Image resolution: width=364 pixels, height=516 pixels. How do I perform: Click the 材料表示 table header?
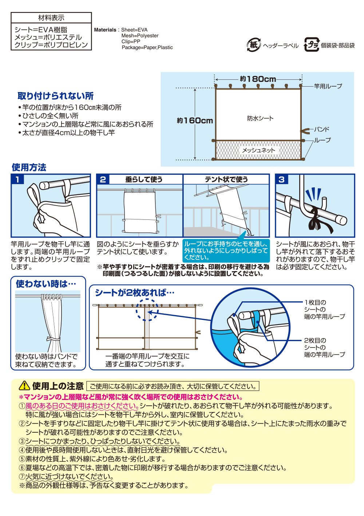click(x=51, y=18)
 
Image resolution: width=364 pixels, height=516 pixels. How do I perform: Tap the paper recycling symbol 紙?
click(x=254, y=45)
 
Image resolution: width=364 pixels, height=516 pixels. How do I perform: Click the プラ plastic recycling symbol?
click(x=312, y=44)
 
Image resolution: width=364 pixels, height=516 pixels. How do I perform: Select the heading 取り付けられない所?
click(x=56, y=96)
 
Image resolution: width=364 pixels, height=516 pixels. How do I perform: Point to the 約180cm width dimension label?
click(x=258, y=79)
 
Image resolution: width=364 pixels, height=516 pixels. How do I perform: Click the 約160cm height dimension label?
click(x=195, y=120)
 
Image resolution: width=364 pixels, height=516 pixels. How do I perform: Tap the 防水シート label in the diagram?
click(x=260, y=118)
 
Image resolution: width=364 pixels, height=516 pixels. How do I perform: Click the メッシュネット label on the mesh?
click(x=258, y=150)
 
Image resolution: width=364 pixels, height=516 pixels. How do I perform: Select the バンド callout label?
click(x=321, y=130)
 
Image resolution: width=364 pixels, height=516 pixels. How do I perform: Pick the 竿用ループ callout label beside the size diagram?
click(x=328, y=86)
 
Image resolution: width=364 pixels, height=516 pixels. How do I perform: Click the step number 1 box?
click(x=17, y=179)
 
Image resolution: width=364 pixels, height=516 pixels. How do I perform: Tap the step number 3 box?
click(x=281, y=179)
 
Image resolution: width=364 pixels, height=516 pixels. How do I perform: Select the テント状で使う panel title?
click(x=226, y=179)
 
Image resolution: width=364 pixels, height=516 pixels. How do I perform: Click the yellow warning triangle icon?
click(x=24, y=385)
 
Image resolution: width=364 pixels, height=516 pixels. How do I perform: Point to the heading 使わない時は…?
click(x=46, y=284)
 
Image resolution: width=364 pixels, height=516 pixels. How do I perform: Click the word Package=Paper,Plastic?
click(x=147, y=47)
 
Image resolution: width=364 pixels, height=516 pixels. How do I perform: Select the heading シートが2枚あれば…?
click(x=135, y=293)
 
